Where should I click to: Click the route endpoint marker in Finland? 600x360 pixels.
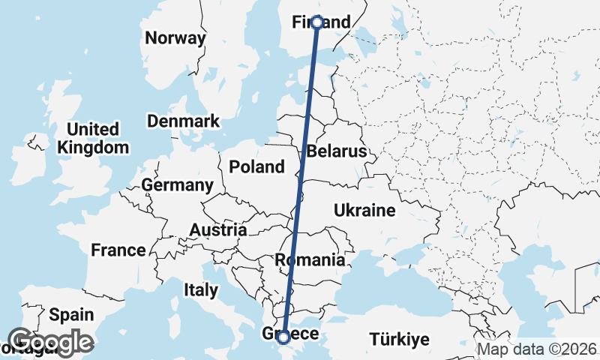tap(317, 22)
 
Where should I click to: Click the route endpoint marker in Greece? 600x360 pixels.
tap(283, 338)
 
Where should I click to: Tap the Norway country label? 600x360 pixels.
tap(175, 38)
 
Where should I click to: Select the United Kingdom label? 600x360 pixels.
tap(94, 138)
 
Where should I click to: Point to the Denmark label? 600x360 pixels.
tap(184, 121)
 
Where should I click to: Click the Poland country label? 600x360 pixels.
tap(257, 166)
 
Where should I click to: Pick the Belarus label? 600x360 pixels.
tap(337, 151)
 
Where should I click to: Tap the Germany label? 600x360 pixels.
tap(178, 184)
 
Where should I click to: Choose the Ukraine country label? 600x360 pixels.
tap(364, 211)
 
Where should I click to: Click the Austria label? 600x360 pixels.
tap(218, 229)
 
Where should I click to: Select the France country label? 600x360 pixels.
tap(118, 250)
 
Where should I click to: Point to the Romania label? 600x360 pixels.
tap(310, 260)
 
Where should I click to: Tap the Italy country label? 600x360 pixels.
tap(201, 289)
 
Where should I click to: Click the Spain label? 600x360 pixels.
tap(72, 314)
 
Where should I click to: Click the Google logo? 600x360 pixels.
tap(51, 342)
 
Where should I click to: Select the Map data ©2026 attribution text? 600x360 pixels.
tap(537, 349)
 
